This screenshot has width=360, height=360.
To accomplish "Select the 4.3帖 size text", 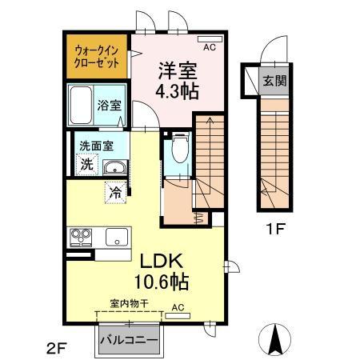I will click(177, 90).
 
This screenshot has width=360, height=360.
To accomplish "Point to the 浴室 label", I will click(109, 105).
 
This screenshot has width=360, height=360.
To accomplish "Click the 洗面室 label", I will click(95, 146).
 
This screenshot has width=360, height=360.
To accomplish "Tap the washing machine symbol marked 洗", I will click(86, 165).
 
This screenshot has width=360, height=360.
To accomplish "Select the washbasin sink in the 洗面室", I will click(115, 166).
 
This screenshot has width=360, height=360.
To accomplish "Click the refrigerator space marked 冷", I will click(115, 192).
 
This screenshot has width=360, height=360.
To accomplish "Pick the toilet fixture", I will click(179, 149).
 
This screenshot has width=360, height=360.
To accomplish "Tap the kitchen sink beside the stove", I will click(116, 237).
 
